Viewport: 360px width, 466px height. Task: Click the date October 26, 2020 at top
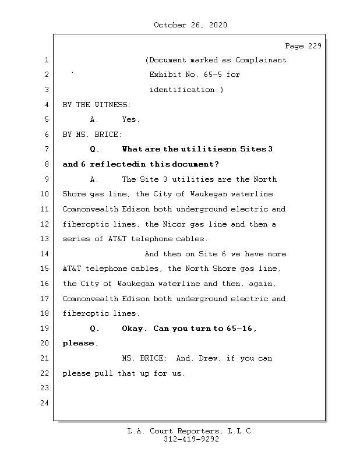click(190, 25)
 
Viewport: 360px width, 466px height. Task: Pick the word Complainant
click(261, 60)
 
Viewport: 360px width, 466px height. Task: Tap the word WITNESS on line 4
click(113, 105)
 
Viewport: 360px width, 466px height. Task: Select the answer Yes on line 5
click(130, 119)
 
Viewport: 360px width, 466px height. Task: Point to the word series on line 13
click(76, 239)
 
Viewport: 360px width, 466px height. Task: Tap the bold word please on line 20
click(79, 343)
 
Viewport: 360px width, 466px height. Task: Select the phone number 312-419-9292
click(190, 439)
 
